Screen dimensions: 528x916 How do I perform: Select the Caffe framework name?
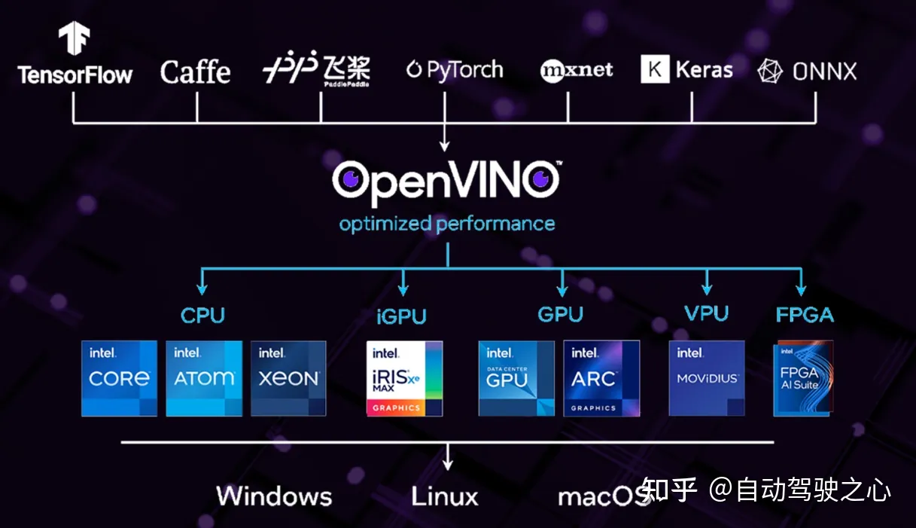[195, 72]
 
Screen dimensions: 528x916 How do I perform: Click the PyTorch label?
[455, 70]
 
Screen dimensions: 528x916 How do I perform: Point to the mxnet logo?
[577, 71]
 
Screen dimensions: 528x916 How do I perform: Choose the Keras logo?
[686, 70]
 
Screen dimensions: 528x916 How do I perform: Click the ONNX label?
[807, 72]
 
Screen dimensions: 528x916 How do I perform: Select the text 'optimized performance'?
[446, 224]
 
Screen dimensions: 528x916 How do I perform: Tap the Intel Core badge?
[119, 378]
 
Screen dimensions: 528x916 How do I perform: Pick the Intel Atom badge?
[204, 378]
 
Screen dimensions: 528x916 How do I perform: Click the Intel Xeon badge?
[288, 378]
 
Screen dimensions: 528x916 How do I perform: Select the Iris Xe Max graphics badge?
[404, 378]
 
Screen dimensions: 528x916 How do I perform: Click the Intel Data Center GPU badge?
[516, 378]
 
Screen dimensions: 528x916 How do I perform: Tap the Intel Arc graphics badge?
[601, 378]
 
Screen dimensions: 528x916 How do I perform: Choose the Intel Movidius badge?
[707, 378]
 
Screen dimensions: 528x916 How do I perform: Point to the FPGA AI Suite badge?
[803, 378]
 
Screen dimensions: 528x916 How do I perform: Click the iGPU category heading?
[401, 316]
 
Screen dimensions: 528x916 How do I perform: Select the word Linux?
[445, 496]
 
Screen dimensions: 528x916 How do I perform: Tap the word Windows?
[274, 496]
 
